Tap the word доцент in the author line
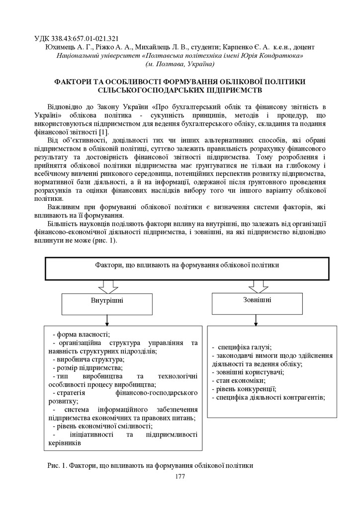tap(304, 47)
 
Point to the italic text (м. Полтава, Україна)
tap(180, 64)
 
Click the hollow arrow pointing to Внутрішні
tap(108, 287)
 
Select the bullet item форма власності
tap(81, 335)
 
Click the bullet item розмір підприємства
tap(88, 368)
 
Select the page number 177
tap(180, 477)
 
